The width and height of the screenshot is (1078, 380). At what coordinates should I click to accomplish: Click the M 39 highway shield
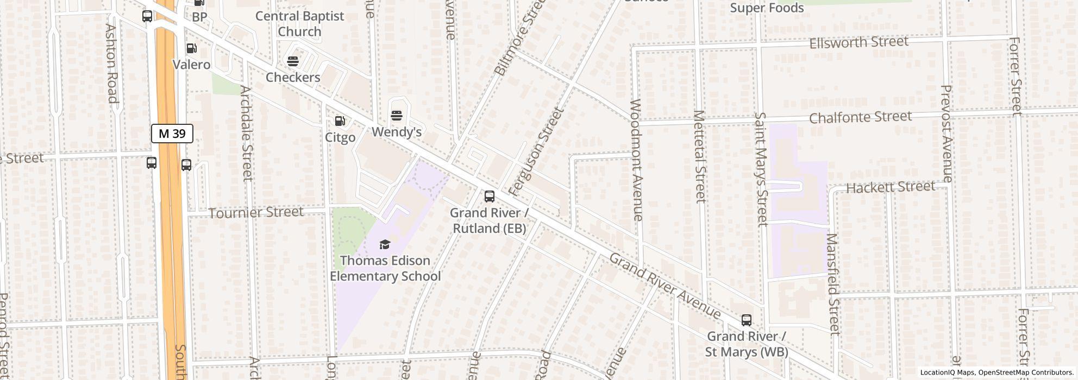172,134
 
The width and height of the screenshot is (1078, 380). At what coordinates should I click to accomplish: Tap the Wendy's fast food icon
397,116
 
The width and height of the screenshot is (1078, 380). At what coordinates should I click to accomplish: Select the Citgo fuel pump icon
340,121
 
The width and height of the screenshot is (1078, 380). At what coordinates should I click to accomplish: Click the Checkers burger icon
293,61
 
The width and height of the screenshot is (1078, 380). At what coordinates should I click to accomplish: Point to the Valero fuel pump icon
191,49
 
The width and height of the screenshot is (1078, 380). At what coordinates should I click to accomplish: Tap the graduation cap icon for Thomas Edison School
385,245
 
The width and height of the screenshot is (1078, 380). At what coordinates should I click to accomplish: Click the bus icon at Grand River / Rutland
490,197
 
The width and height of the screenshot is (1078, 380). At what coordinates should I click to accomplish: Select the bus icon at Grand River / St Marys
747,320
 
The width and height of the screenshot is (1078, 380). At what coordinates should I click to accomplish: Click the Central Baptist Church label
299,24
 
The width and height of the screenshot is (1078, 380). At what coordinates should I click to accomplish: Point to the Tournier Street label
256,212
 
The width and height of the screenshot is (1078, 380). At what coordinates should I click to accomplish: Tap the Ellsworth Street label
858,42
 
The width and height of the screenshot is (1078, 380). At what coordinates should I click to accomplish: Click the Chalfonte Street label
860,117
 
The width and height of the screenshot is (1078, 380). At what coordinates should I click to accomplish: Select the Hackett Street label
891,187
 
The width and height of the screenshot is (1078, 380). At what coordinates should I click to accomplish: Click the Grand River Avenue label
665,286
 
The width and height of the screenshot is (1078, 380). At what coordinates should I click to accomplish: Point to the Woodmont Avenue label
637,160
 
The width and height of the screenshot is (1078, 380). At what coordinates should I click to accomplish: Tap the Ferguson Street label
536,151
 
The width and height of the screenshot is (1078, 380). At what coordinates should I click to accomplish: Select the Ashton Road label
111,63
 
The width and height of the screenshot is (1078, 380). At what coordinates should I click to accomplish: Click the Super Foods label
767,8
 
